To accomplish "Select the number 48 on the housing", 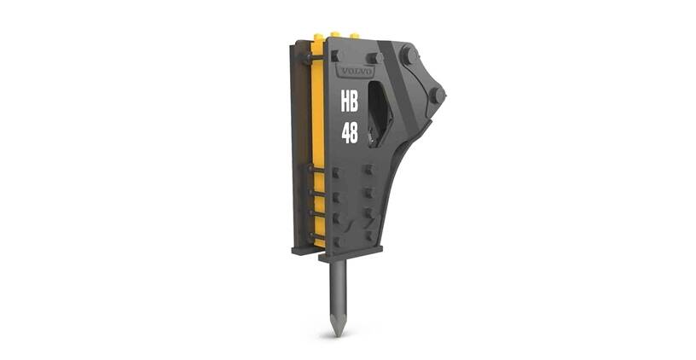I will [350, 133].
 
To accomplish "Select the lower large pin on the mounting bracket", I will [436, 95].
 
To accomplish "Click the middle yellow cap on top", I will [337, 37].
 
